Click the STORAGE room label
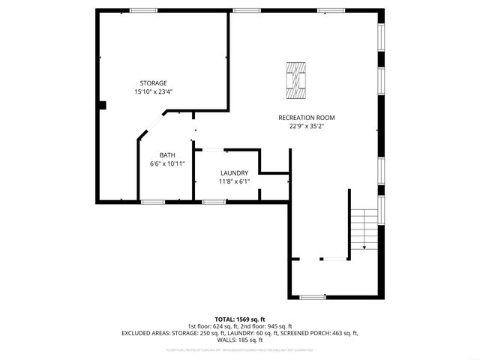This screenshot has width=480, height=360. pos(153,82)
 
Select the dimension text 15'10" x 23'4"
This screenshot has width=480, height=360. pos(153,91)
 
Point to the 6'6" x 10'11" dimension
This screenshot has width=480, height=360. pos(166,163)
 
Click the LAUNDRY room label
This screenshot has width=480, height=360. pos(234,172)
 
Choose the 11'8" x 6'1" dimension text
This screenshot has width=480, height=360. pos(234,181)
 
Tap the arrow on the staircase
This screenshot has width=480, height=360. pos(364,245)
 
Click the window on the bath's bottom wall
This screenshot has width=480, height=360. pos(153,201)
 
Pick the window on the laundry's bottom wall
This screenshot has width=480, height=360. pos(214,201)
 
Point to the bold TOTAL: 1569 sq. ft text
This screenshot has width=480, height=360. pos(240,319)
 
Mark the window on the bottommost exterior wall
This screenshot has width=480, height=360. pos(312,297)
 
